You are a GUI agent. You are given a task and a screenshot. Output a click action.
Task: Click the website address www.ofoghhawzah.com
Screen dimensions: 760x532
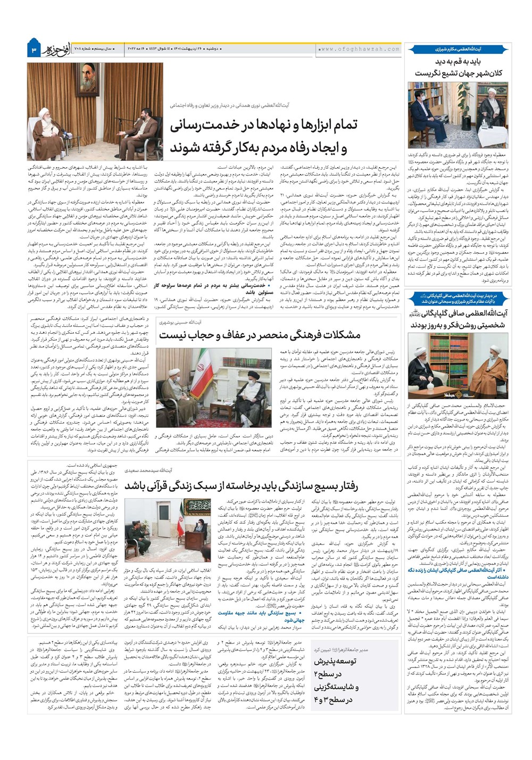click(359, 49)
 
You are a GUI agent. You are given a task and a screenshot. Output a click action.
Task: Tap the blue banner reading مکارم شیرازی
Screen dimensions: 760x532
click(457, 49)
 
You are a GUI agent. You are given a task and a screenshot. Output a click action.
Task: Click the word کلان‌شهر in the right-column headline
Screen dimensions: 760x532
click(475, 73)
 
